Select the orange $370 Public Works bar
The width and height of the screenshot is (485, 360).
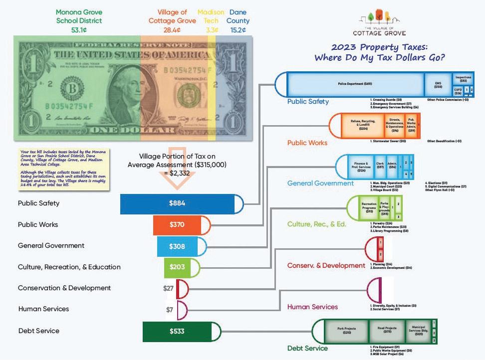pyautogui.click(x=177, y=224)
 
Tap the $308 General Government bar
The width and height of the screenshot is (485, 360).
pyautogui.click(x=177, y=245)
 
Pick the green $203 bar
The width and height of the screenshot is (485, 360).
pyautogui.click(x=177, y=267)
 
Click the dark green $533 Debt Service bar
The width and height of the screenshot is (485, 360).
pyautogui.click(x=177, y=331)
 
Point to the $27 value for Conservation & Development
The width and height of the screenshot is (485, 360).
pyautogui.click(x=168, y=288)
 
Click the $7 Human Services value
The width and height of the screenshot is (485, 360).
pyautogui.click(x=170, y=310)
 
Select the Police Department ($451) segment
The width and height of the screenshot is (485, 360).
pyautogui.click(x=355, y=84)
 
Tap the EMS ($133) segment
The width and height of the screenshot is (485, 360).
pyautogui.click(x=438, y=85)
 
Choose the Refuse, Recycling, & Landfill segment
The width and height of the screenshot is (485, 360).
pyautogui.click(x=363, y=125)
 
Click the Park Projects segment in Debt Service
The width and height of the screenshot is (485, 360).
pyautogui.click(x=346, y=331)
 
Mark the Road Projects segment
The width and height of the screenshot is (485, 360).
pyautogui.click(x=387, y=331)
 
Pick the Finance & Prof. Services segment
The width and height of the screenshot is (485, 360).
pyautogui.click(x=361, y=167)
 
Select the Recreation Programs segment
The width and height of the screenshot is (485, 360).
pyautogui.click(x=369, y=207)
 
